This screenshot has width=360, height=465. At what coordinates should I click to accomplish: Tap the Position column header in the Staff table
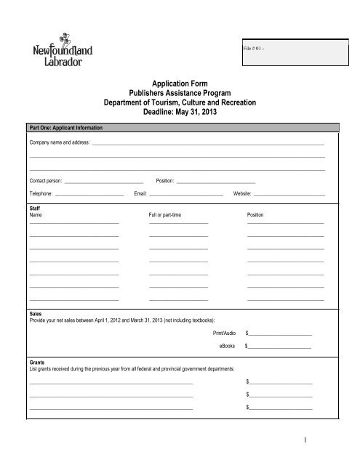(255, 217)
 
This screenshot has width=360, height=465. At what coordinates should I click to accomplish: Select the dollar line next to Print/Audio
(281, 333)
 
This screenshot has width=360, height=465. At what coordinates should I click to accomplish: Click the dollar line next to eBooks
(281, 347)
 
